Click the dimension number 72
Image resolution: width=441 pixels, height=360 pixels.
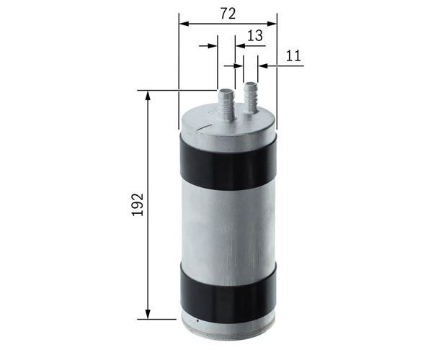[x=228, y=14]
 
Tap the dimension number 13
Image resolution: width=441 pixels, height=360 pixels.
[x=255, y=36]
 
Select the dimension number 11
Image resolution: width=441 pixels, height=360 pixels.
[x=293, y=56]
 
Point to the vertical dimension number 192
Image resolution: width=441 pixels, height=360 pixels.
[x=138, y=204]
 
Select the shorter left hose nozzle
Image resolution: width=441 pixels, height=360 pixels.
[x=227, y=104]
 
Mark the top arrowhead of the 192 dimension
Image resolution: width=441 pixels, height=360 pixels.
[x=148, y=96]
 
